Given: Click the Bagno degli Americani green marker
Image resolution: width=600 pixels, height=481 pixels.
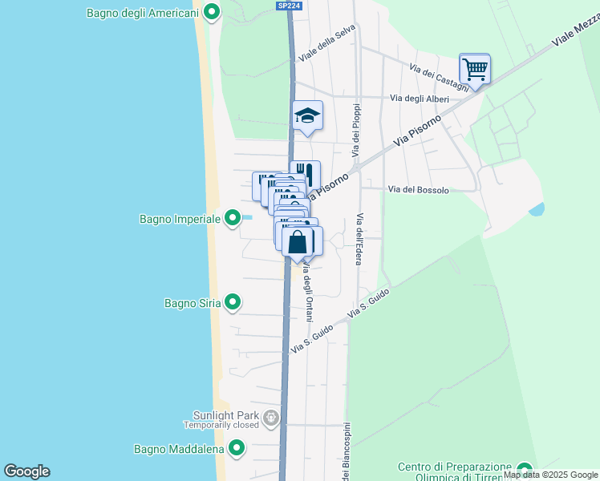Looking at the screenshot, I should [x=212, y=12].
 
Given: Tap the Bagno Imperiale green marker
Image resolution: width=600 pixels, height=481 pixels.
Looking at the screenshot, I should [x=233, y=217].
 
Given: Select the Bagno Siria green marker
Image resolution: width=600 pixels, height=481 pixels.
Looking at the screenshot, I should [x=233, y=302].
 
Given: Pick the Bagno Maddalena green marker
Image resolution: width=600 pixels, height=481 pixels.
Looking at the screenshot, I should [x=236, y=449].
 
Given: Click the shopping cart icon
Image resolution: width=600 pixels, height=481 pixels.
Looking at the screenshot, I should [x=475, y=70].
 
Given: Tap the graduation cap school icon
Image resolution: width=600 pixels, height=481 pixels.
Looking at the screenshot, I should [x=306, y=116].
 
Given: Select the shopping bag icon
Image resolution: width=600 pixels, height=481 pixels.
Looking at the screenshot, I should [x=298, y=241].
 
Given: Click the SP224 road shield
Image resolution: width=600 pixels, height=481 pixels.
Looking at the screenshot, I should [x=290, y=5].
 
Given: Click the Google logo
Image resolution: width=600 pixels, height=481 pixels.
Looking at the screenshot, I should [x=26, y=471].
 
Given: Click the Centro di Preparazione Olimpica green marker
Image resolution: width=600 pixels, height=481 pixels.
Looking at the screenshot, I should [x=525, y=469].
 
